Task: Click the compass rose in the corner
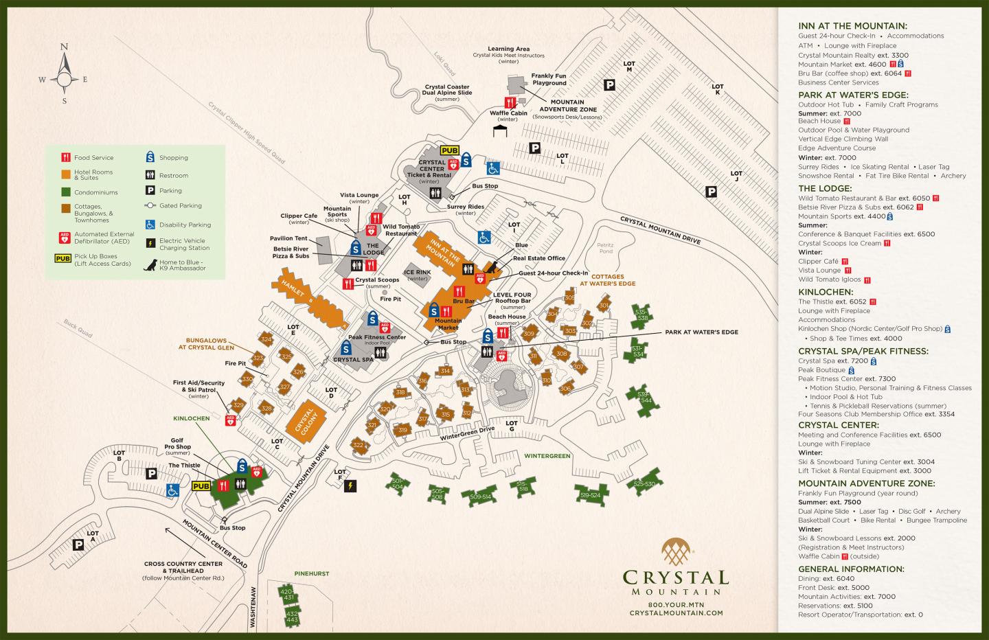point(64,76)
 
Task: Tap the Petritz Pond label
point(604,248)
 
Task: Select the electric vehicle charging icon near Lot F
point(350,486)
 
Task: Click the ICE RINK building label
point(418,275)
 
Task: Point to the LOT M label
point(628,67)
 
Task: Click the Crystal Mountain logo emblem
point(676,554)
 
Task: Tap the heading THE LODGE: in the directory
point(825,188)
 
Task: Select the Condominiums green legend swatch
point(65,192)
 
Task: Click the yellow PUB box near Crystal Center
point(450,150)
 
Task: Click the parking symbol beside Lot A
point(79,545)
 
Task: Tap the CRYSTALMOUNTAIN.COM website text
point(676,613)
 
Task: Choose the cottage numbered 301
point(604,306)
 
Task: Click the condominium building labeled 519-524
point(590,495)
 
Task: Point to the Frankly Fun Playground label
point(548,79)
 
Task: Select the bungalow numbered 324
point(266,339)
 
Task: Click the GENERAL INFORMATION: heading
point(851,569)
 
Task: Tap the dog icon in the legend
point(149,265)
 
